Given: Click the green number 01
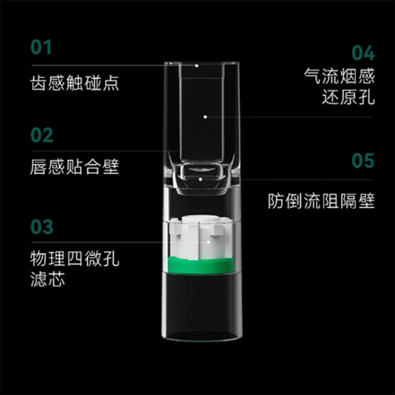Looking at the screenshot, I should (42, 48).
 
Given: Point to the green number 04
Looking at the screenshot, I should (363, 52).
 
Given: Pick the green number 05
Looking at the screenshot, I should (364, 162).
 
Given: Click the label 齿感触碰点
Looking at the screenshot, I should (74, 81).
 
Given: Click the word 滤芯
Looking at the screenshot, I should (47, 280).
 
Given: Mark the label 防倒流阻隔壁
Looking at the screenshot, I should (321, 202).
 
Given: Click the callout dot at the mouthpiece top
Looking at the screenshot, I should (197, 66).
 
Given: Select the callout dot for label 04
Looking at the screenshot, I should (207, 117).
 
